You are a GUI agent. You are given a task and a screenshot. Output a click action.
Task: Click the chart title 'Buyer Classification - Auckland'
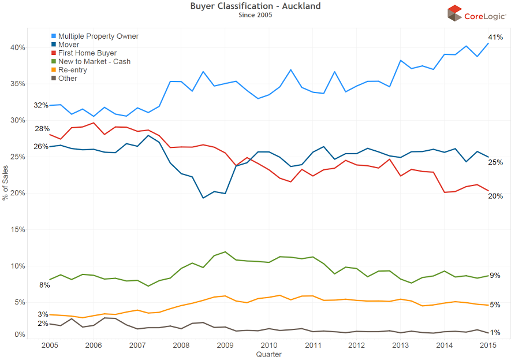(x=255, y=6)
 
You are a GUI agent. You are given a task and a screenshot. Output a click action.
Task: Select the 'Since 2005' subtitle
(x=255, y=14)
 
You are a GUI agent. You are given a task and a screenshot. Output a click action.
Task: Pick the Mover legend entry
(x=69, y=44)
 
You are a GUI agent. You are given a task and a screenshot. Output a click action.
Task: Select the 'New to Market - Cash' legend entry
(x=94, y=61)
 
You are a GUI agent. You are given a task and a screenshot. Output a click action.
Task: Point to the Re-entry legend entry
(x=72, y=69)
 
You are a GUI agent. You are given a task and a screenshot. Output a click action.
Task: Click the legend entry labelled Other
(x=68, y=78)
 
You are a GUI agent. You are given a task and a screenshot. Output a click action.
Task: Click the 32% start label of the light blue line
(x=41, y=105)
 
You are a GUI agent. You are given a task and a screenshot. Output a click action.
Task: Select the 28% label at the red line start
(x=41, y=128)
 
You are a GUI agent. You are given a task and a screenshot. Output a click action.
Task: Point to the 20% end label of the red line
(x=495, y=196)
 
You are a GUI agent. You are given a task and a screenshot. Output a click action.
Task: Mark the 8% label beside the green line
(x=44, y=285)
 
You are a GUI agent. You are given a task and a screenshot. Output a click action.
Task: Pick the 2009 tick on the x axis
(x=225, y=345)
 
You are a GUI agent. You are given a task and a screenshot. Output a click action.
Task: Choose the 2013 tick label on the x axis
(x=401, y=345)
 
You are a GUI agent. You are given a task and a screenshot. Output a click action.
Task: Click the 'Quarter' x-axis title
(x=268, y=354)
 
